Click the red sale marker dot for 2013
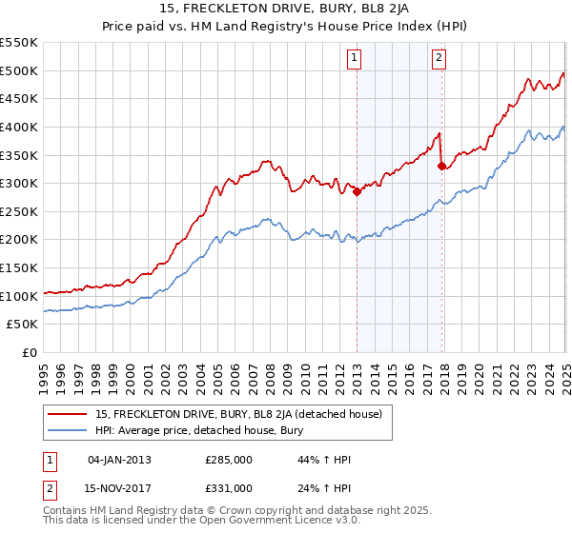(357, 191)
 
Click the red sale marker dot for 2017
(442, 166)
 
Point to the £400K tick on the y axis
(20, 127)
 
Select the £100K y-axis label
(20, 296)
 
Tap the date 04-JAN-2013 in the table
(119, 460)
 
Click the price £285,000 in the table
(229, 460)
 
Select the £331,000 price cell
(229, 487)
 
